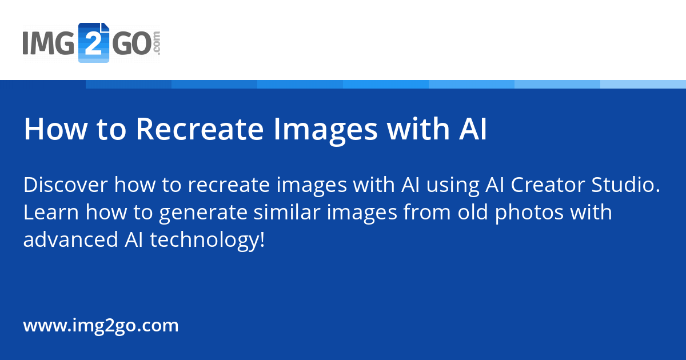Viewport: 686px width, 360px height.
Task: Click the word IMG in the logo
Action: coord(49,44)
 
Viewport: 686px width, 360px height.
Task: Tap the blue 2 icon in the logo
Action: coord(93,43)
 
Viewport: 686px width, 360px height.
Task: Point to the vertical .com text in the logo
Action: coord(157,43)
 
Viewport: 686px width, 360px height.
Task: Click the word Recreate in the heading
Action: coord(200,130)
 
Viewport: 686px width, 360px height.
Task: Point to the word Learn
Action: coord(51,212)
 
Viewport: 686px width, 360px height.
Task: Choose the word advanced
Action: coord(70,239)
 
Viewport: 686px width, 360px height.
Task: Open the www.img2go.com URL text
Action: coord(101,326)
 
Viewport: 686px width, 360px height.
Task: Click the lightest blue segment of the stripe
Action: coord(643,84)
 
